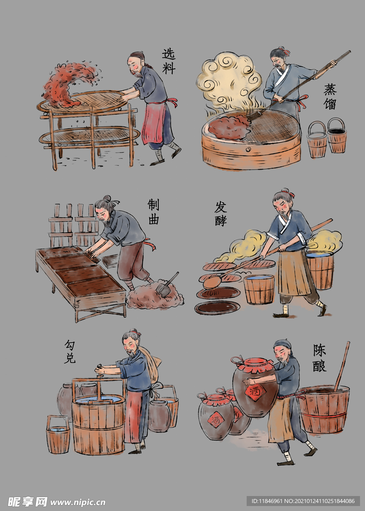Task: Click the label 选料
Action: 169,61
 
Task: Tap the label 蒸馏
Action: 330,96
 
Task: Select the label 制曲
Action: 153,212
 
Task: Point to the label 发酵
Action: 221,214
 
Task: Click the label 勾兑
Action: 69,352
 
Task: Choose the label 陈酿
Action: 320,358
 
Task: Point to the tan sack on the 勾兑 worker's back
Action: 150,363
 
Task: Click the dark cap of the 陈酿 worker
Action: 283,344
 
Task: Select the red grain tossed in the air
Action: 70,83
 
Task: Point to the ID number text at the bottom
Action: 304,501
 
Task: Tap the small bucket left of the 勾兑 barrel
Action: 58,435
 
